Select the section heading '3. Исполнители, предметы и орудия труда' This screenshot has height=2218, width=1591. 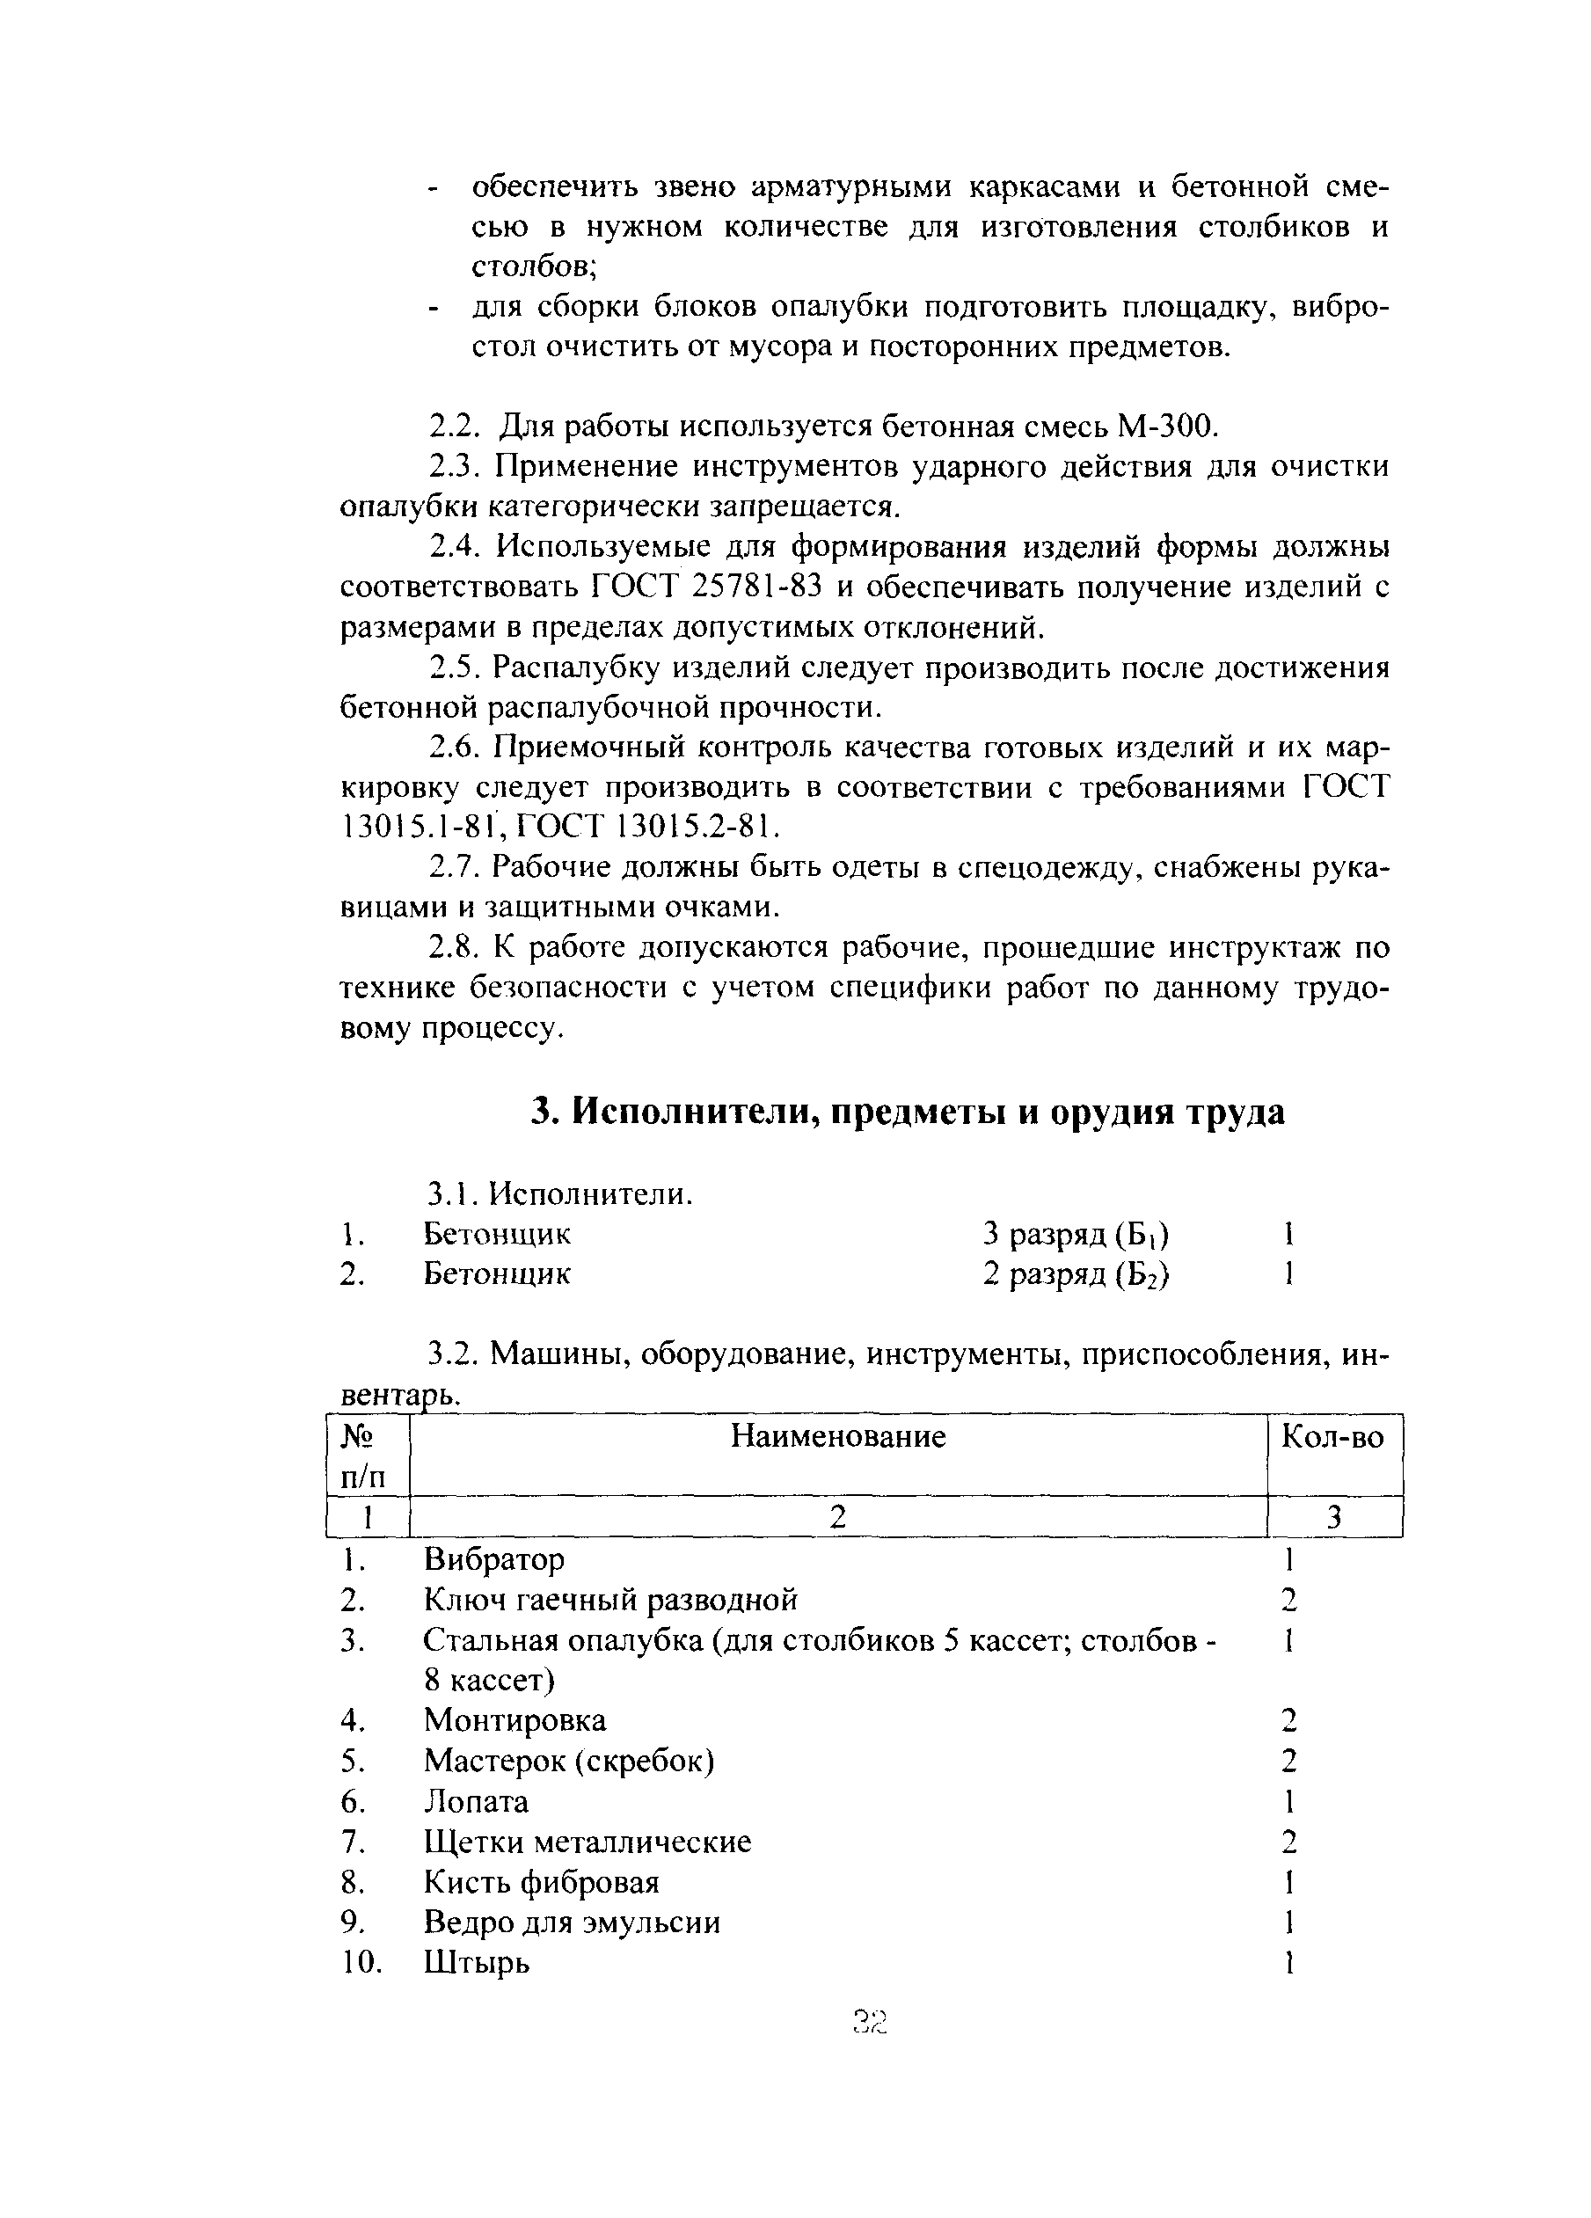coord(907,1112)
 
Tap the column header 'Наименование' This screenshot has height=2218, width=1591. coord(838,1435)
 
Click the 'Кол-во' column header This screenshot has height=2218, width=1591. coord(1332,1435)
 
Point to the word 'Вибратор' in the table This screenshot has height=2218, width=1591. coord(493,1558)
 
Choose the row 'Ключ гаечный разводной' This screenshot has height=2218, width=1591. coord(610,1599)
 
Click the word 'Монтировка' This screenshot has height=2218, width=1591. coord(515,1719)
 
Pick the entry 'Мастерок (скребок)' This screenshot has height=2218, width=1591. coord(568,1761)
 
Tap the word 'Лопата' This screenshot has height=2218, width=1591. coord(475,1800)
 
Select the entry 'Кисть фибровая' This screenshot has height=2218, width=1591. coord(541,1881)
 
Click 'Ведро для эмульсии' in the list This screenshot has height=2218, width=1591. coord(571,1922)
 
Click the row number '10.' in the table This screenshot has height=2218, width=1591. coord(361,1962)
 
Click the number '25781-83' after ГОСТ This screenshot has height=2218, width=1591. coord(755,587)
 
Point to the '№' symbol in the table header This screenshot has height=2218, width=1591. coord(358,1435)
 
